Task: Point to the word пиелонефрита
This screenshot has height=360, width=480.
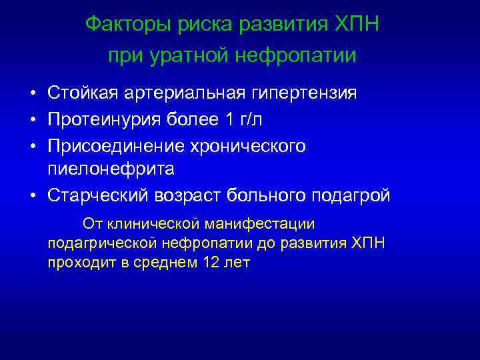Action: pos(111,169)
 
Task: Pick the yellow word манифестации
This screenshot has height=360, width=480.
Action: pos(268,223)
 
